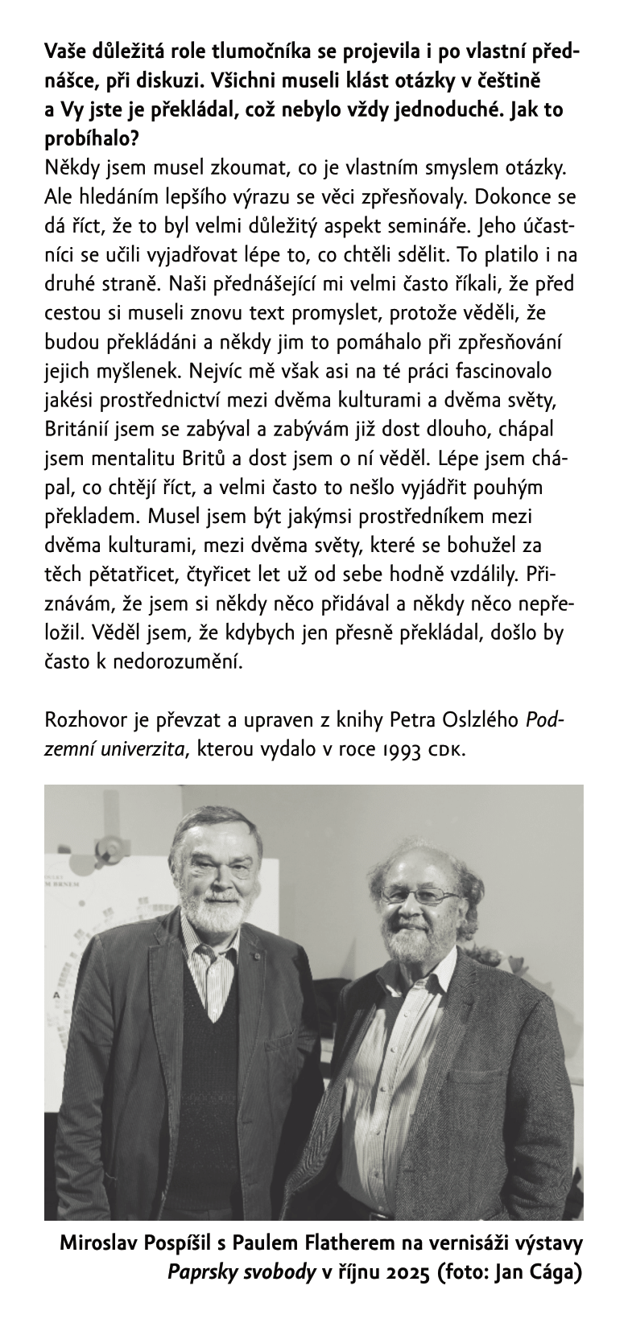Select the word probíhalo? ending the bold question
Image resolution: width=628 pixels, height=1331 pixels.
[91, 138]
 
